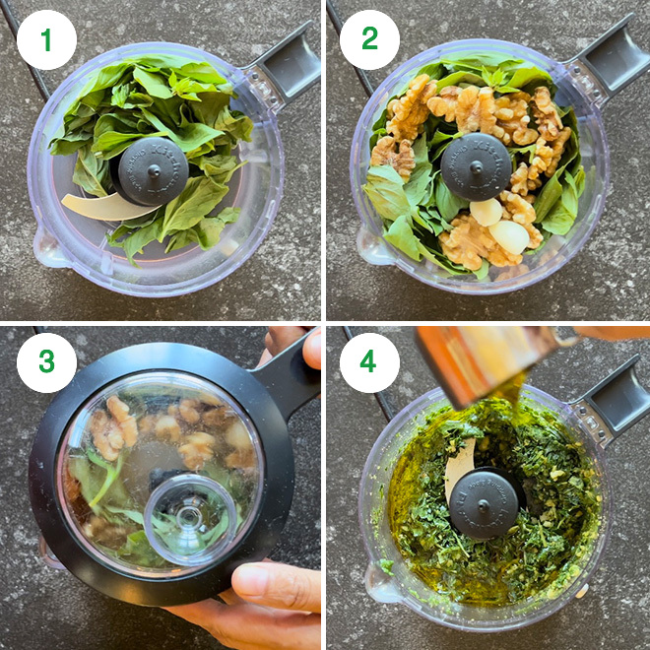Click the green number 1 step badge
[x=46, y=39]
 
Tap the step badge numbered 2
[x=369, y=39]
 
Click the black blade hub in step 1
[x=153, y=170]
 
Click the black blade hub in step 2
[x=476, y=167]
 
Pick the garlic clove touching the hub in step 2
[x=485, y=211]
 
